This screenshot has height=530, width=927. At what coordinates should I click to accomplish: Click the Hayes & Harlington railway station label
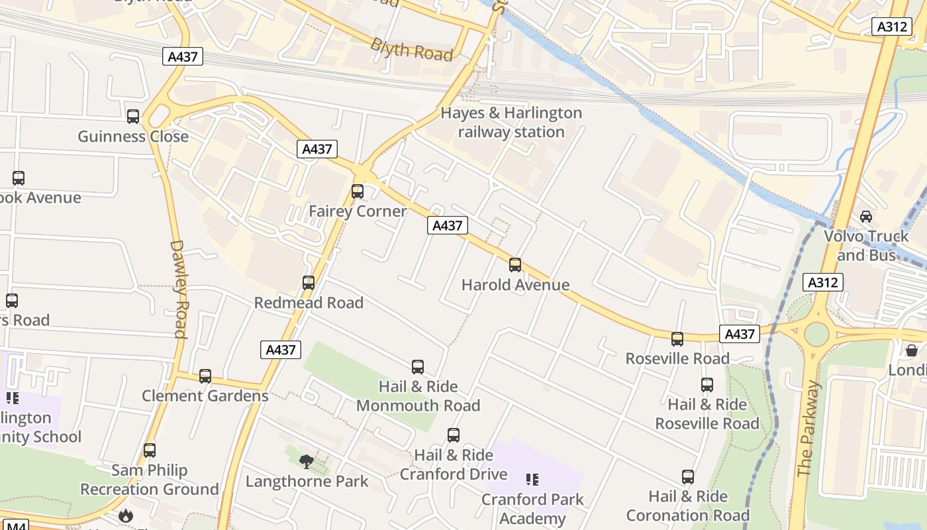tap(511, 123)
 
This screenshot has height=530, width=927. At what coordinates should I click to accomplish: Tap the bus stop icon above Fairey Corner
tap(358, 191)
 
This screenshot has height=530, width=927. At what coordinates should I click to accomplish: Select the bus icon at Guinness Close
tap(133, 117)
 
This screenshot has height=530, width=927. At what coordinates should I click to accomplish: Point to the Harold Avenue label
tap(515, 285)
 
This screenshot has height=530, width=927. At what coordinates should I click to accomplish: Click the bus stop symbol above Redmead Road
tap(308, 283)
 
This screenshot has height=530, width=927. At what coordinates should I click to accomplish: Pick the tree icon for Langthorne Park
tap(306, 461)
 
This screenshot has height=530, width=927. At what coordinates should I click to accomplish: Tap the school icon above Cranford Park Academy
tap(532, 479)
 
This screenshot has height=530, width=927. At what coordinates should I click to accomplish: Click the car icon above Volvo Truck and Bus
tap(865, 217)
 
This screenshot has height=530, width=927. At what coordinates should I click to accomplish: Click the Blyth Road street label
tap(411, 50)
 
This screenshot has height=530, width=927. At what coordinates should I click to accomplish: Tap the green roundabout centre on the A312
tap(816, 334)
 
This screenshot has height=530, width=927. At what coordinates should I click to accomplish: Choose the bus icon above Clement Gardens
tap(205, 376)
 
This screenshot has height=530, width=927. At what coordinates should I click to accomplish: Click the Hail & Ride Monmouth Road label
tap(418, 396)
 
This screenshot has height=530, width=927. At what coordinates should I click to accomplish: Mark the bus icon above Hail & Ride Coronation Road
tap(688, 477)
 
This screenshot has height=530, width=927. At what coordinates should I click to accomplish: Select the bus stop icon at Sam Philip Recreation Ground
tap(150, 450)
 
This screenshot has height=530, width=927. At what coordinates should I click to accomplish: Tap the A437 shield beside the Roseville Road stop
tap(739, 334)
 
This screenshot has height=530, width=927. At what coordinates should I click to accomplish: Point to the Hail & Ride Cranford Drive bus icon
tap(454, 435)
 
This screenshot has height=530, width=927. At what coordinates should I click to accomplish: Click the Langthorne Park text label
tap(307, 481)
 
